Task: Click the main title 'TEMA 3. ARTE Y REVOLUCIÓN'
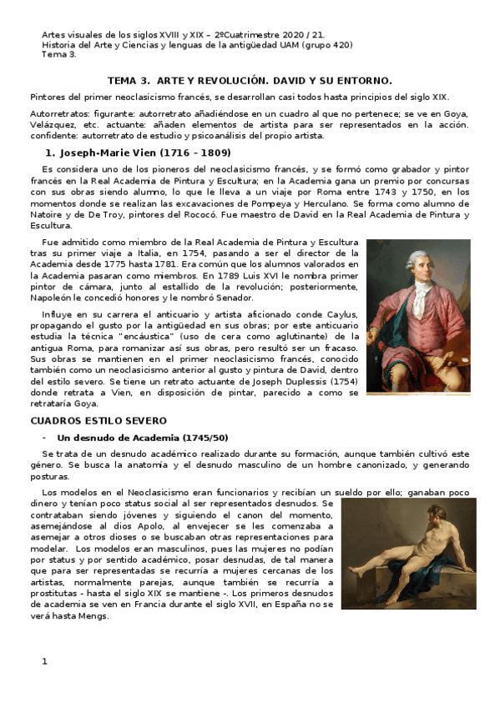tap(249, 80)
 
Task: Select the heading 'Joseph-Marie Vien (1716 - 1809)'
tap(132, 153)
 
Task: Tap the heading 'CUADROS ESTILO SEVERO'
tap(98, 420)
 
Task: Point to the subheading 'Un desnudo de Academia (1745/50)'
tap(142, 438)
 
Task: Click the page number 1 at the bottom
tap(45, 661)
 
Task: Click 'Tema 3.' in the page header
tap(58, 55)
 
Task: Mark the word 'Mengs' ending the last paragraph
tap(92, 617)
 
